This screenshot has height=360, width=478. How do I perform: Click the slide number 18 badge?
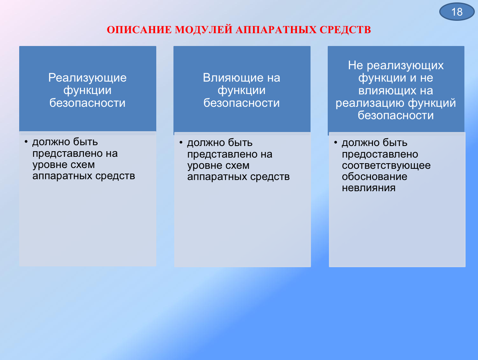[x=457, y=12]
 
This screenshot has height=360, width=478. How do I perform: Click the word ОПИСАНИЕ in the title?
[x=139, y=30]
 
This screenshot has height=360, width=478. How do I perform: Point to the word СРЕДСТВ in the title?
[x=345, y=30]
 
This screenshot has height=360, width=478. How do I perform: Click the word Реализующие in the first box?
[x=88, y=78]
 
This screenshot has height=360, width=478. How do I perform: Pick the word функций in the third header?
[x=432, y=103]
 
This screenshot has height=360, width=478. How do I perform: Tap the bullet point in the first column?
[x=26, y=142]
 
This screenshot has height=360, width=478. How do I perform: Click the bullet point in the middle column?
[x=181, y=142]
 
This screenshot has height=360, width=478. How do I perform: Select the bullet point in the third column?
[x=335, y=142]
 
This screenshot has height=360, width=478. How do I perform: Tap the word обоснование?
[x=374, y=177]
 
